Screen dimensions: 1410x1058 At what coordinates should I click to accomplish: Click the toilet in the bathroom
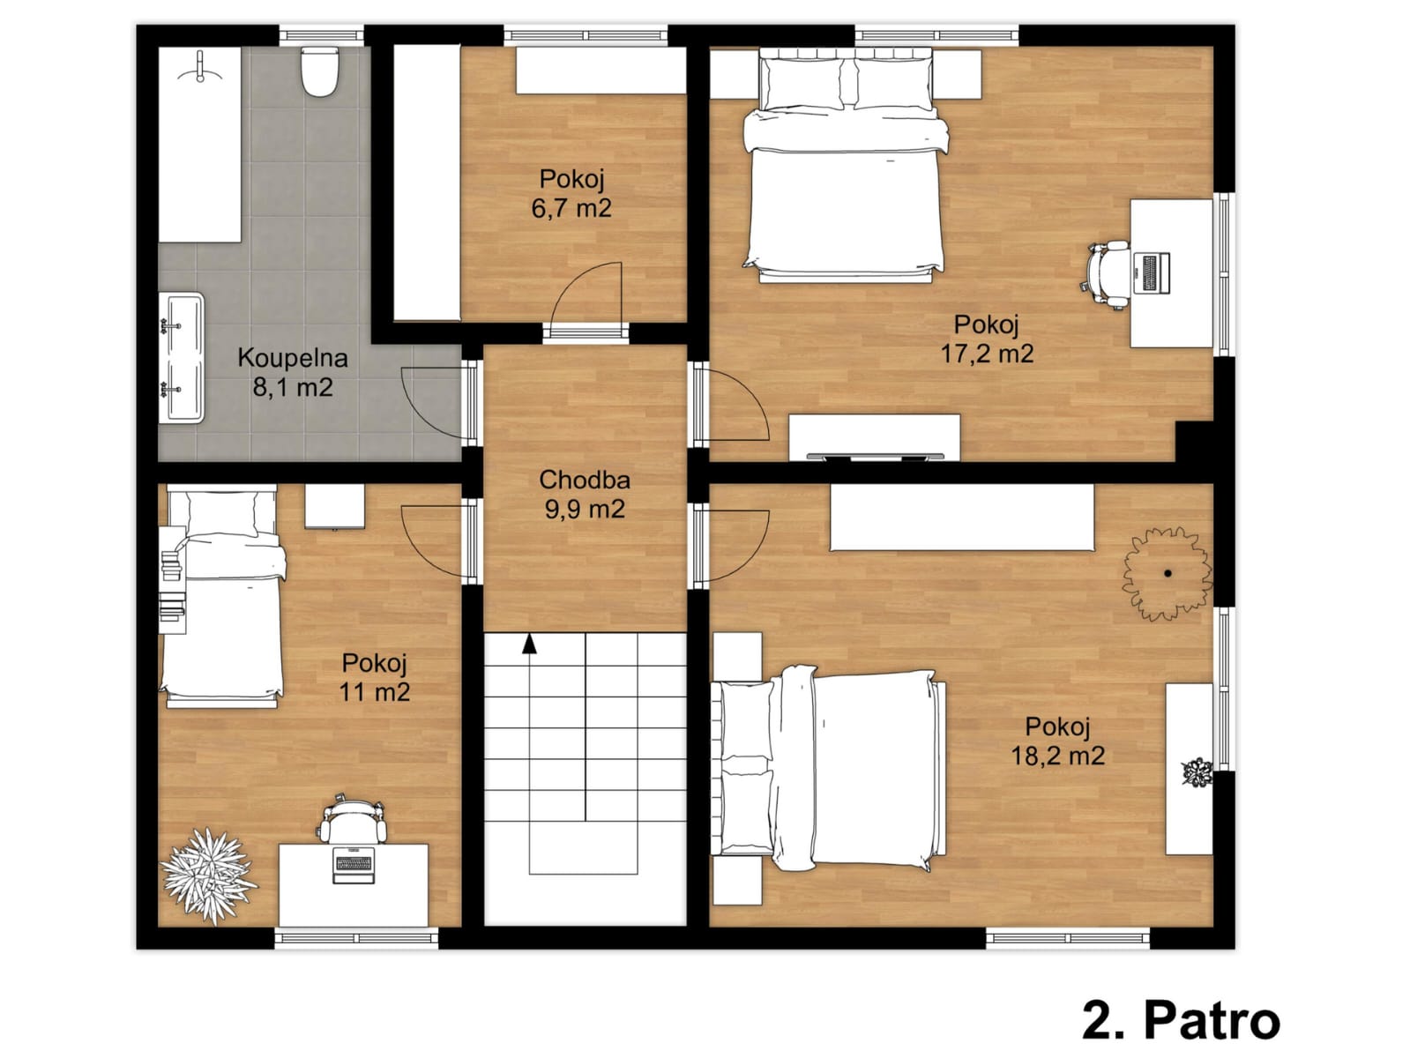pyautogui.click(x=319, y=71)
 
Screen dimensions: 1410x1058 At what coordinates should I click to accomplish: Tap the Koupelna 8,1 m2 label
pyautogui.click(x=293, y=372)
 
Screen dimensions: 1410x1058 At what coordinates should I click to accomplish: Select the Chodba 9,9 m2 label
pyautogui.click(x=585, y=494)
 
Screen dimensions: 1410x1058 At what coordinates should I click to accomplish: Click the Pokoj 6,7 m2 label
pyautogui.click(x=571, y=193)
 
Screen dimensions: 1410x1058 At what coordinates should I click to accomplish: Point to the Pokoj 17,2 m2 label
pyautogui.click(x=988, y=339)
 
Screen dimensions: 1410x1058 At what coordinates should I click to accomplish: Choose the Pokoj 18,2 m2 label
pyautogui.click(x=1058, y=741)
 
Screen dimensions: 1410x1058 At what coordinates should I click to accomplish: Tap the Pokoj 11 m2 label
pyautogui.click(x=375, y=677)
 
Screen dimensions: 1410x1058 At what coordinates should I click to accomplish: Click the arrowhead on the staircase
pyautogui.click(x=529, y=644)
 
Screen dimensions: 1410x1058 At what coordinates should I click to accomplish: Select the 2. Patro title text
pyautogui.click(x=1182, y=1020)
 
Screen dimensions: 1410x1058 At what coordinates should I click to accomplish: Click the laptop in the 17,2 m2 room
pyautogui.click(x=1152, y=273)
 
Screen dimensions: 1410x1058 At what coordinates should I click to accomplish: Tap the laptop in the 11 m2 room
pyautogui.click(x=354, y=865)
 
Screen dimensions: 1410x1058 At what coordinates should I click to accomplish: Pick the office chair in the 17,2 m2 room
pyautogui.click(x=1108, y=275)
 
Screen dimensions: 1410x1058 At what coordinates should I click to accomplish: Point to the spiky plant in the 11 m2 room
pyautogui.click(x=208, y=875)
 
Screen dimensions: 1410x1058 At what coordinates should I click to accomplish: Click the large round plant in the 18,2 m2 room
pyautogui.click(x=1168, y=573)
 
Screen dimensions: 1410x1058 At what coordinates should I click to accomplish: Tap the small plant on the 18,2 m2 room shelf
pyautogui.click(x=1196, y=771)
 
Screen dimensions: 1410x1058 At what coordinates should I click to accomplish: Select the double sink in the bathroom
pyautogui.click(x=182, y=358)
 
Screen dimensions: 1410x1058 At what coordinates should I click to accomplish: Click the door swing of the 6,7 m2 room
pyautogui.click(x=586, y=294)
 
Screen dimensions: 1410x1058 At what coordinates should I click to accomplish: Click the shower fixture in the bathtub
pyautogui.click(x=200, y=67)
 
